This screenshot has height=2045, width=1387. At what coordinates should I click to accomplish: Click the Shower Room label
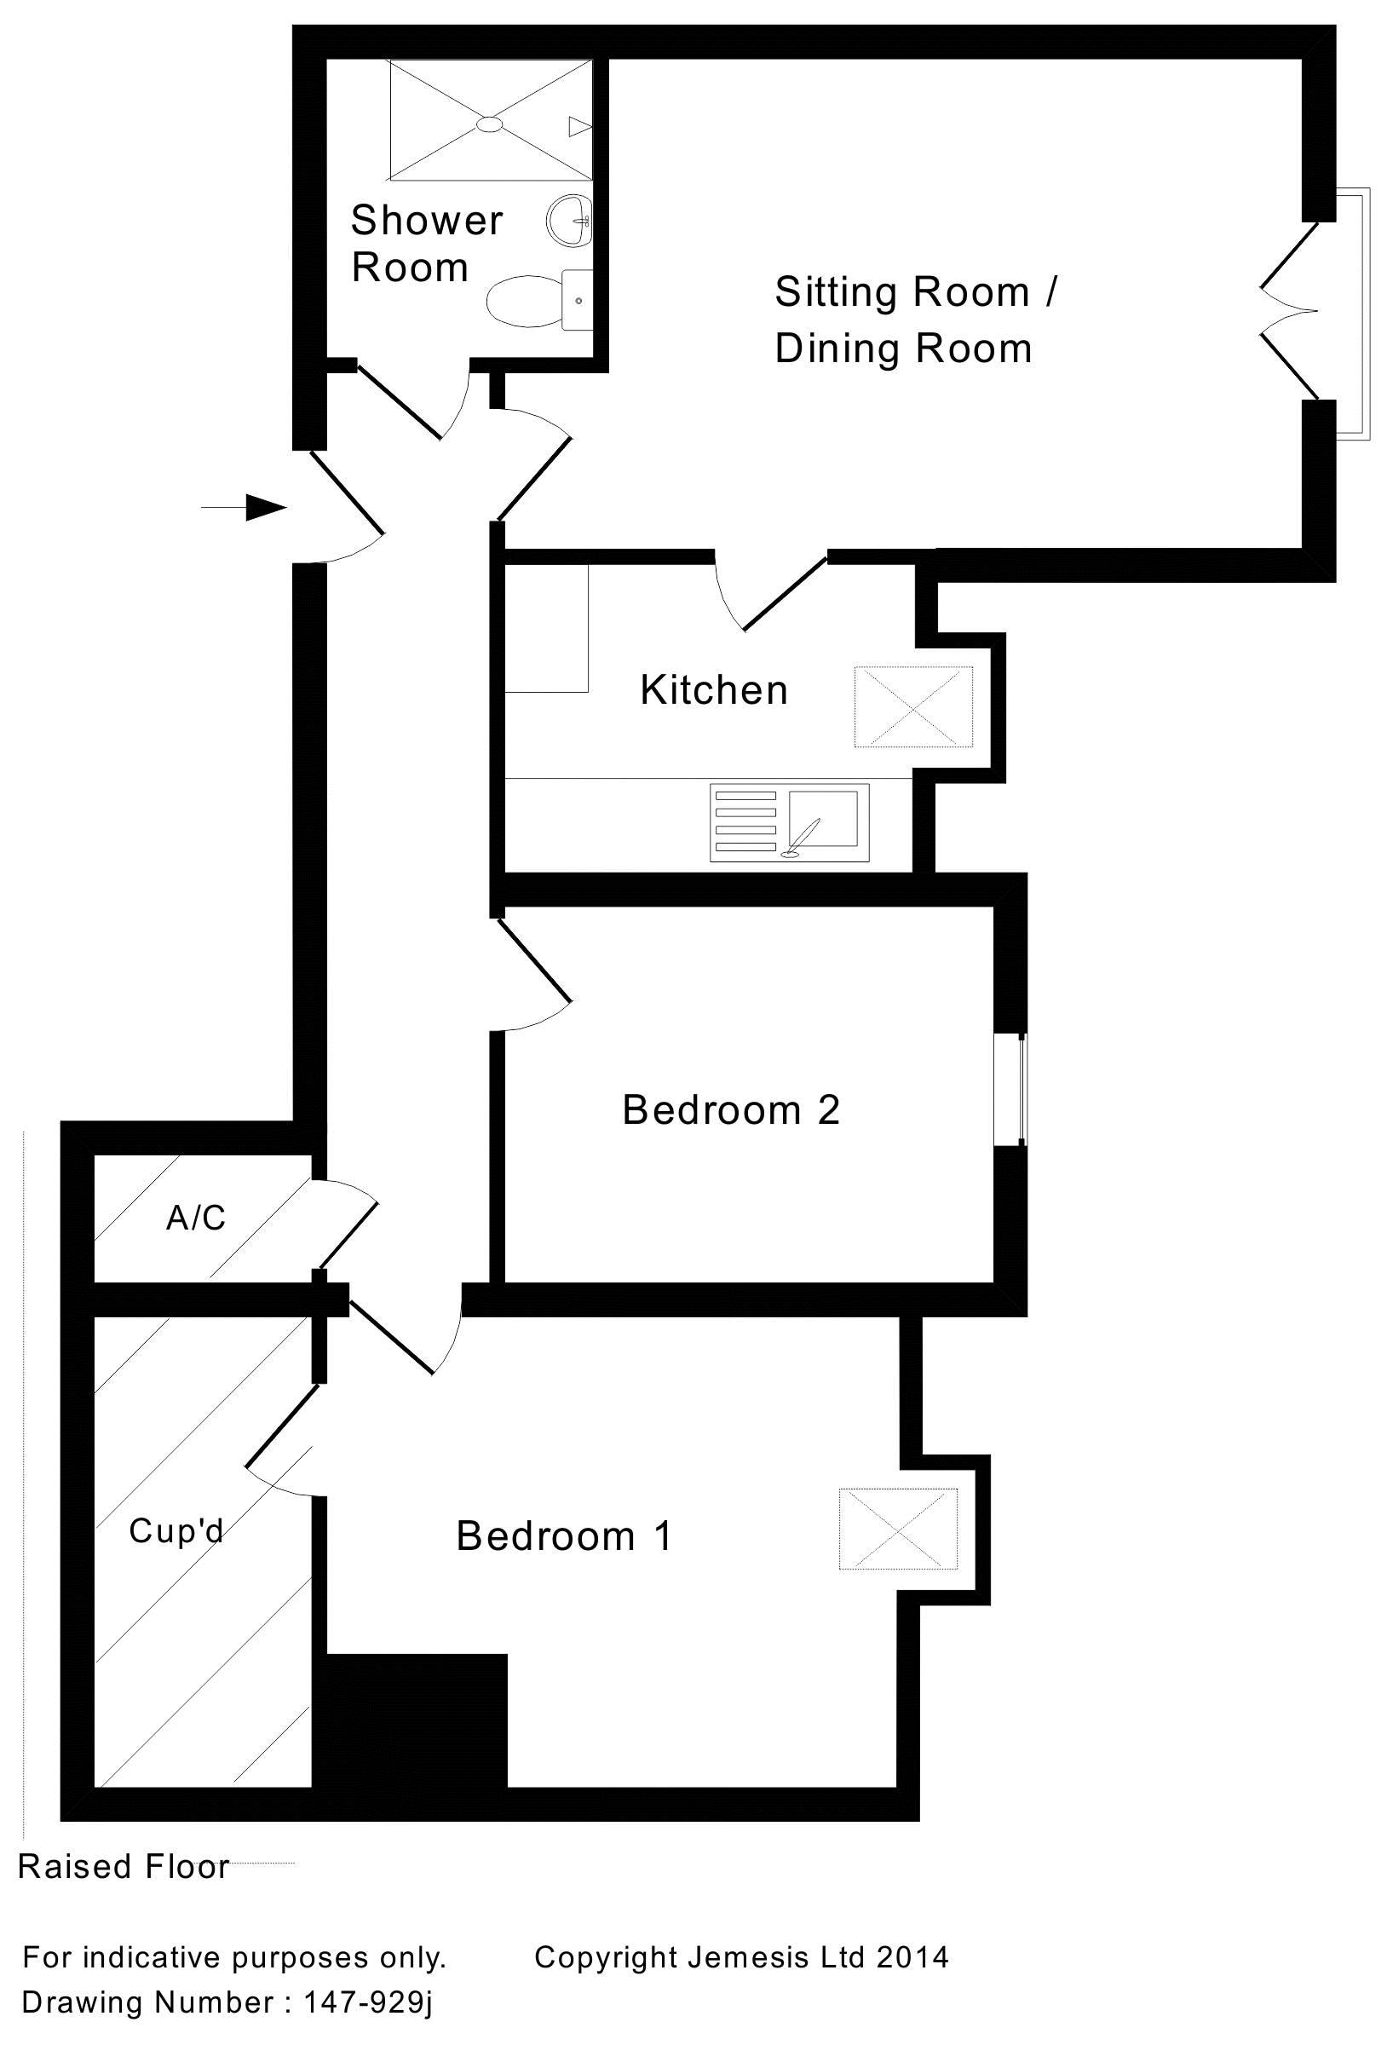coord(426,244)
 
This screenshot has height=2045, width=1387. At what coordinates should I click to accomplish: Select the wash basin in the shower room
coord(570,219)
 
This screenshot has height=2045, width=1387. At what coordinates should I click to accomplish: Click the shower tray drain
coord(489,125)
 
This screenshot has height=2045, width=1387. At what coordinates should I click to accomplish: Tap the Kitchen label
coord(713,690)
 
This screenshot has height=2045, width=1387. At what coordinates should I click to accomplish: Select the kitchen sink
coord(823,819)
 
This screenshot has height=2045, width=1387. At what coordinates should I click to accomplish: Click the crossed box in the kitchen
coord(913,707)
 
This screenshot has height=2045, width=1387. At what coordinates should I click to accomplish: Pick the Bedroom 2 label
coord(730,1109)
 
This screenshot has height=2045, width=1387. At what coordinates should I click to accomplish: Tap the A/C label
coord(196,1218)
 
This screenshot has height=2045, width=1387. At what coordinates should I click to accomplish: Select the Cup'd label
coord(176,1531)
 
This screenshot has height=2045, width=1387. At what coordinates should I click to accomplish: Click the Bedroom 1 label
coord(564,1536)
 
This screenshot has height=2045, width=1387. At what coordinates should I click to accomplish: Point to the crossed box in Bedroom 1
coord(898,1529)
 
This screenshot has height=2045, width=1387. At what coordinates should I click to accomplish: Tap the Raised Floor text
coord(124,1865)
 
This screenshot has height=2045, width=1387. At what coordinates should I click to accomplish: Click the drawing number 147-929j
coord(369,2002)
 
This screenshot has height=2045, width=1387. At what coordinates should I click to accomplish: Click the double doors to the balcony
coord(1290,310)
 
